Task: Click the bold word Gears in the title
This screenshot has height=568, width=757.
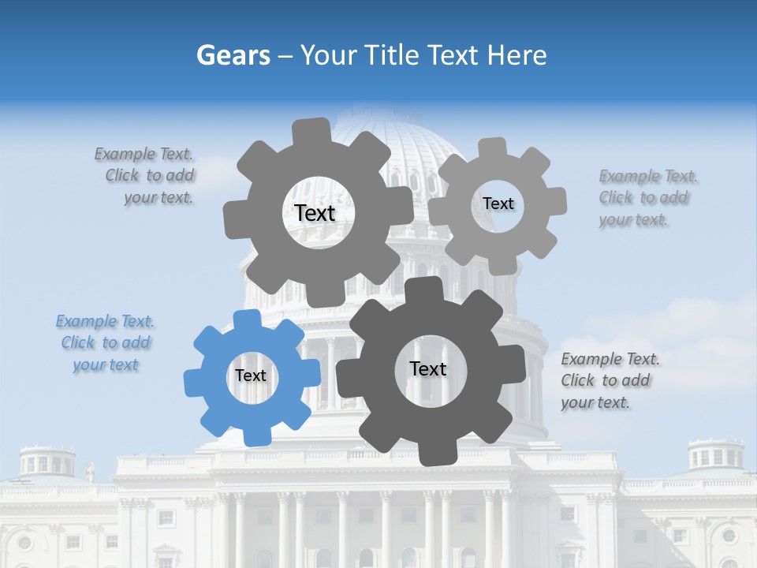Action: tap(233, 55)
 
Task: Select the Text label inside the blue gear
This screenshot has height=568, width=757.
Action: tap(251, 376)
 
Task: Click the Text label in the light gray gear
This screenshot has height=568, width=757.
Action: tap(498, 204)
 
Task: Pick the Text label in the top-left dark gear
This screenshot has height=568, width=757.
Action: tap(315, 213)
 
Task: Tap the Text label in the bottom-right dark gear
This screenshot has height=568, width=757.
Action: tap(428, 368)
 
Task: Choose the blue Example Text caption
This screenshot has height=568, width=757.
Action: tap(106, 343)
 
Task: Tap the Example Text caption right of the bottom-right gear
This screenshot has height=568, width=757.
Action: tap(610, 380)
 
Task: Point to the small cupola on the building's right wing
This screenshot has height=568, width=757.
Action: tap(715, 455)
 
